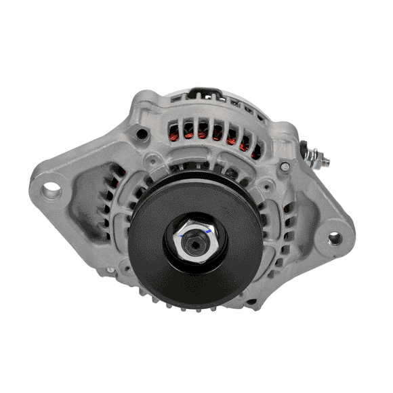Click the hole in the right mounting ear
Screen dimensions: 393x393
(x=334, y=238)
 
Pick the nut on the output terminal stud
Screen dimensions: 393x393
(x=316, y=156)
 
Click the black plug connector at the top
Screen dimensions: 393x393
(x=202, y=93)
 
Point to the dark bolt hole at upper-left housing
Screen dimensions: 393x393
(x=142, y=133)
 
